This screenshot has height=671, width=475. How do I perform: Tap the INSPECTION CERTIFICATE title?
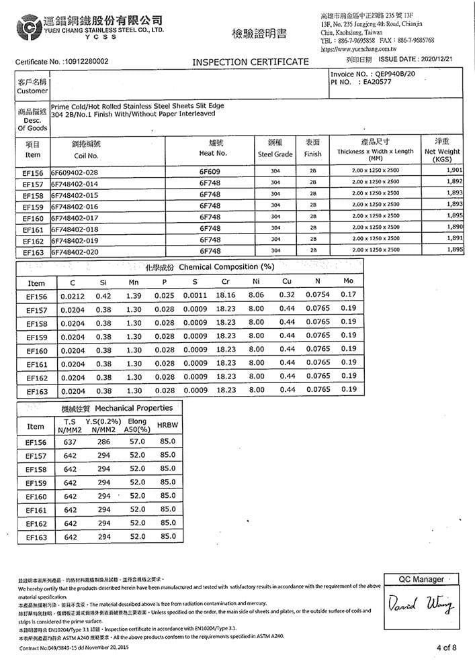pos(251,62)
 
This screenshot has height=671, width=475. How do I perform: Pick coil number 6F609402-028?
pos(75,172)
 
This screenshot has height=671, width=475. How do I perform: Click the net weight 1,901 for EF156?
pos(452,172)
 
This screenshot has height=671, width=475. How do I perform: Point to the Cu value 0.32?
pos(287,295)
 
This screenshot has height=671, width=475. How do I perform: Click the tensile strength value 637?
pos(70,442)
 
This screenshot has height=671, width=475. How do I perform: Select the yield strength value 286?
pos(103,442)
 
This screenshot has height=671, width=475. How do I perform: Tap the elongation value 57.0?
pos(137,442)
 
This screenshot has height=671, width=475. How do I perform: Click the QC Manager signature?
pos(421,608)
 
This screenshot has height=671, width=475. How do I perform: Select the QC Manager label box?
pos(421,579)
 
